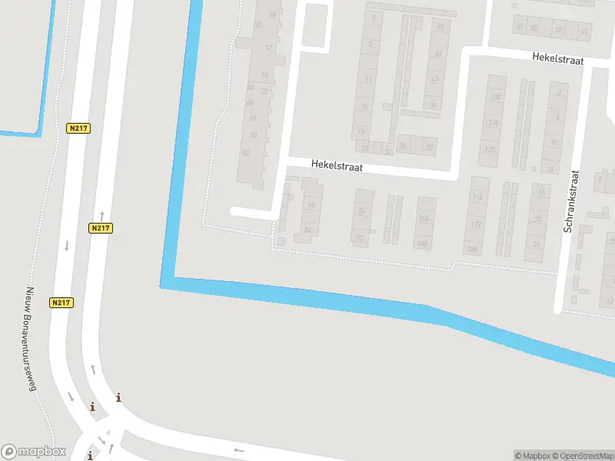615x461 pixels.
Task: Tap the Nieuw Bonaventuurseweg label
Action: click(32, 339)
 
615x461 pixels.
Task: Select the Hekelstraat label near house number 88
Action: click(337, 165)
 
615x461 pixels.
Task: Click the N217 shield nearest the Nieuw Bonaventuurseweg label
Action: click(62, 303)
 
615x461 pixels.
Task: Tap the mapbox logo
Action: click(34, 452)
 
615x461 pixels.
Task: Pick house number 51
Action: click(440, 27)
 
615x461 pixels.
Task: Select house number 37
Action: click(430, 148)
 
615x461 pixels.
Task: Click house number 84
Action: click(308, 230)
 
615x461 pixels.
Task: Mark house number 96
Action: click(361, 211)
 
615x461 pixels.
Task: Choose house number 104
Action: click(423, 219)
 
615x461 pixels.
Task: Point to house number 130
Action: click(495, 98)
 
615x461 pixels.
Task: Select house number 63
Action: click(584, 32)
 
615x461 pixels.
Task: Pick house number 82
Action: click(246, 153)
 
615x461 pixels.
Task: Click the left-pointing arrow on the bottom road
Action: click(238, 450)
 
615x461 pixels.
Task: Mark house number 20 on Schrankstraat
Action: click(537, 220)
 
